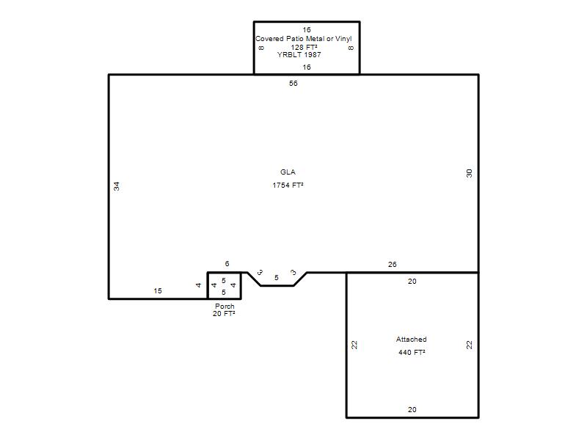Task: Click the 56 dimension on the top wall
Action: (293, 83)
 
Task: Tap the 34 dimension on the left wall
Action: (117, 186)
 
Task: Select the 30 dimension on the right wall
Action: (469, 173)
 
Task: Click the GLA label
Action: (288, 172)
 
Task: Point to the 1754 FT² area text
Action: (288, 185)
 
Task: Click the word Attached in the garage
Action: (412, 340)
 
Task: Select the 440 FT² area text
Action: (412, 352)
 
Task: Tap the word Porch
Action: (225, 306)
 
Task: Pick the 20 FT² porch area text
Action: (224, 314)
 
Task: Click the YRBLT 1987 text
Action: (299, 54)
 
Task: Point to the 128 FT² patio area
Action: (304, 47)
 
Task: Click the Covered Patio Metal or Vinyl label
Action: (304, 39)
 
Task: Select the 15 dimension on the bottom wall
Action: (158, 290)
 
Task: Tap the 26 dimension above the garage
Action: (392, 265)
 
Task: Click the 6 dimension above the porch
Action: (227, 264)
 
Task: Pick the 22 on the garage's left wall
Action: (354, 345)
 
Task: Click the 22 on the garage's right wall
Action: (469, 345)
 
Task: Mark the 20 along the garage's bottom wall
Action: (412, 410)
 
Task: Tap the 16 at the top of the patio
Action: (307, 29)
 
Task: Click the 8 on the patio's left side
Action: (261, 48)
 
